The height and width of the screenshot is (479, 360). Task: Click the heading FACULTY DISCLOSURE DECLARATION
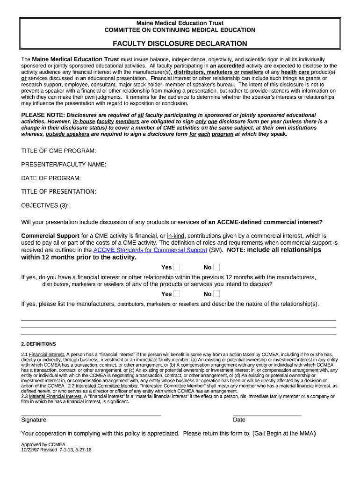(180, 44)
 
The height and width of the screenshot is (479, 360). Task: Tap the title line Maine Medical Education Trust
(180, 23)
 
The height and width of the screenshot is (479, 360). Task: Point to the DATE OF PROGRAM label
(51, 178)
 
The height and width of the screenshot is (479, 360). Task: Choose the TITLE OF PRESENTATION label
(59, 191)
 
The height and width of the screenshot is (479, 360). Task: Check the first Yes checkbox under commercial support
(177, 267)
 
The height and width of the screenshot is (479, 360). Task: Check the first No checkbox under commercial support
(216, 267)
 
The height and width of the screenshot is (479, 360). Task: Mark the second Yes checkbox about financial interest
(177, 294)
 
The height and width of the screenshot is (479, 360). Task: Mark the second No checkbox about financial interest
(216, 294)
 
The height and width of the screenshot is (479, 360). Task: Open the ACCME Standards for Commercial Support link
(150, 250)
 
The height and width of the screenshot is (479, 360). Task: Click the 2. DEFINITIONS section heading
(38, 344)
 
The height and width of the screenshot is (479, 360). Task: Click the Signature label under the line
(34, 420)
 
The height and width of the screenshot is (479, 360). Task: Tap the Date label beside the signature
(239, 420)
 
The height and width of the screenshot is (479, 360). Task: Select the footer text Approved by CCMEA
(43, 444)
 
